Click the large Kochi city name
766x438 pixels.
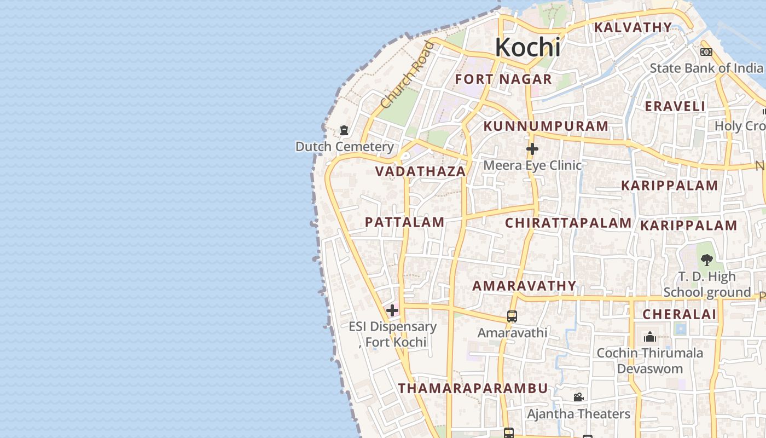[x=527, y=48]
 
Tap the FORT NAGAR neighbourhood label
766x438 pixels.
[x=503, y=79]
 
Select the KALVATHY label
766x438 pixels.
[x=633, y=27]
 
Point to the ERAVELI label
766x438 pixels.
[x=675, y=106]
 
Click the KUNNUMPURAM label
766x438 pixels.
[x=546, y=126]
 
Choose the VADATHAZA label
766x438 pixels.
[x=420, y=171]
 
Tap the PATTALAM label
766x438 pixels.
[x=404, y=222]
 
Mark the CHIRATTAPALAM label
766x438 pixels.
[x=568, y=223]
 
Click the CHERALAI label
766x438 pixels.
[x=679, y=314]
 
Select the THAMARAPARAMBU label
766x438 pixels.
[x=473, y=388]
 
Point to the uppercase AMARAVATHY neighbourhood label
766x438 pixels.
[x=524, y=286]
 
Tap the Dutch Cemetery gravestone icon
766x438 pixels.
[x=344, y=130]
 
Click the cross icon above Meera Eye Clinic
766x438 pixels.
[x=532, y=149]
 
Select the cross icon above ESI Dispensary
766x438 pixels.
[x=392, y=311]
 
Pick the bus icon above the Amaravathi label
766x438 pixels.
[x=512, y=316]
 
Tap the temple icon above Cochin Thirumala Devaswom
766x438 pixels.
[x=649, y=336]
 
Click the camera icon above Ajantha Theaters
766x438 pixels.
[x=578, y=397]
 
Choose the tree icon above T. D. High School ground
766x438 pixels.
[x=706, y=260]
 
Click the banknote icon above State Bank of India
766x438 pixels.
[x=706, y=52]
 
